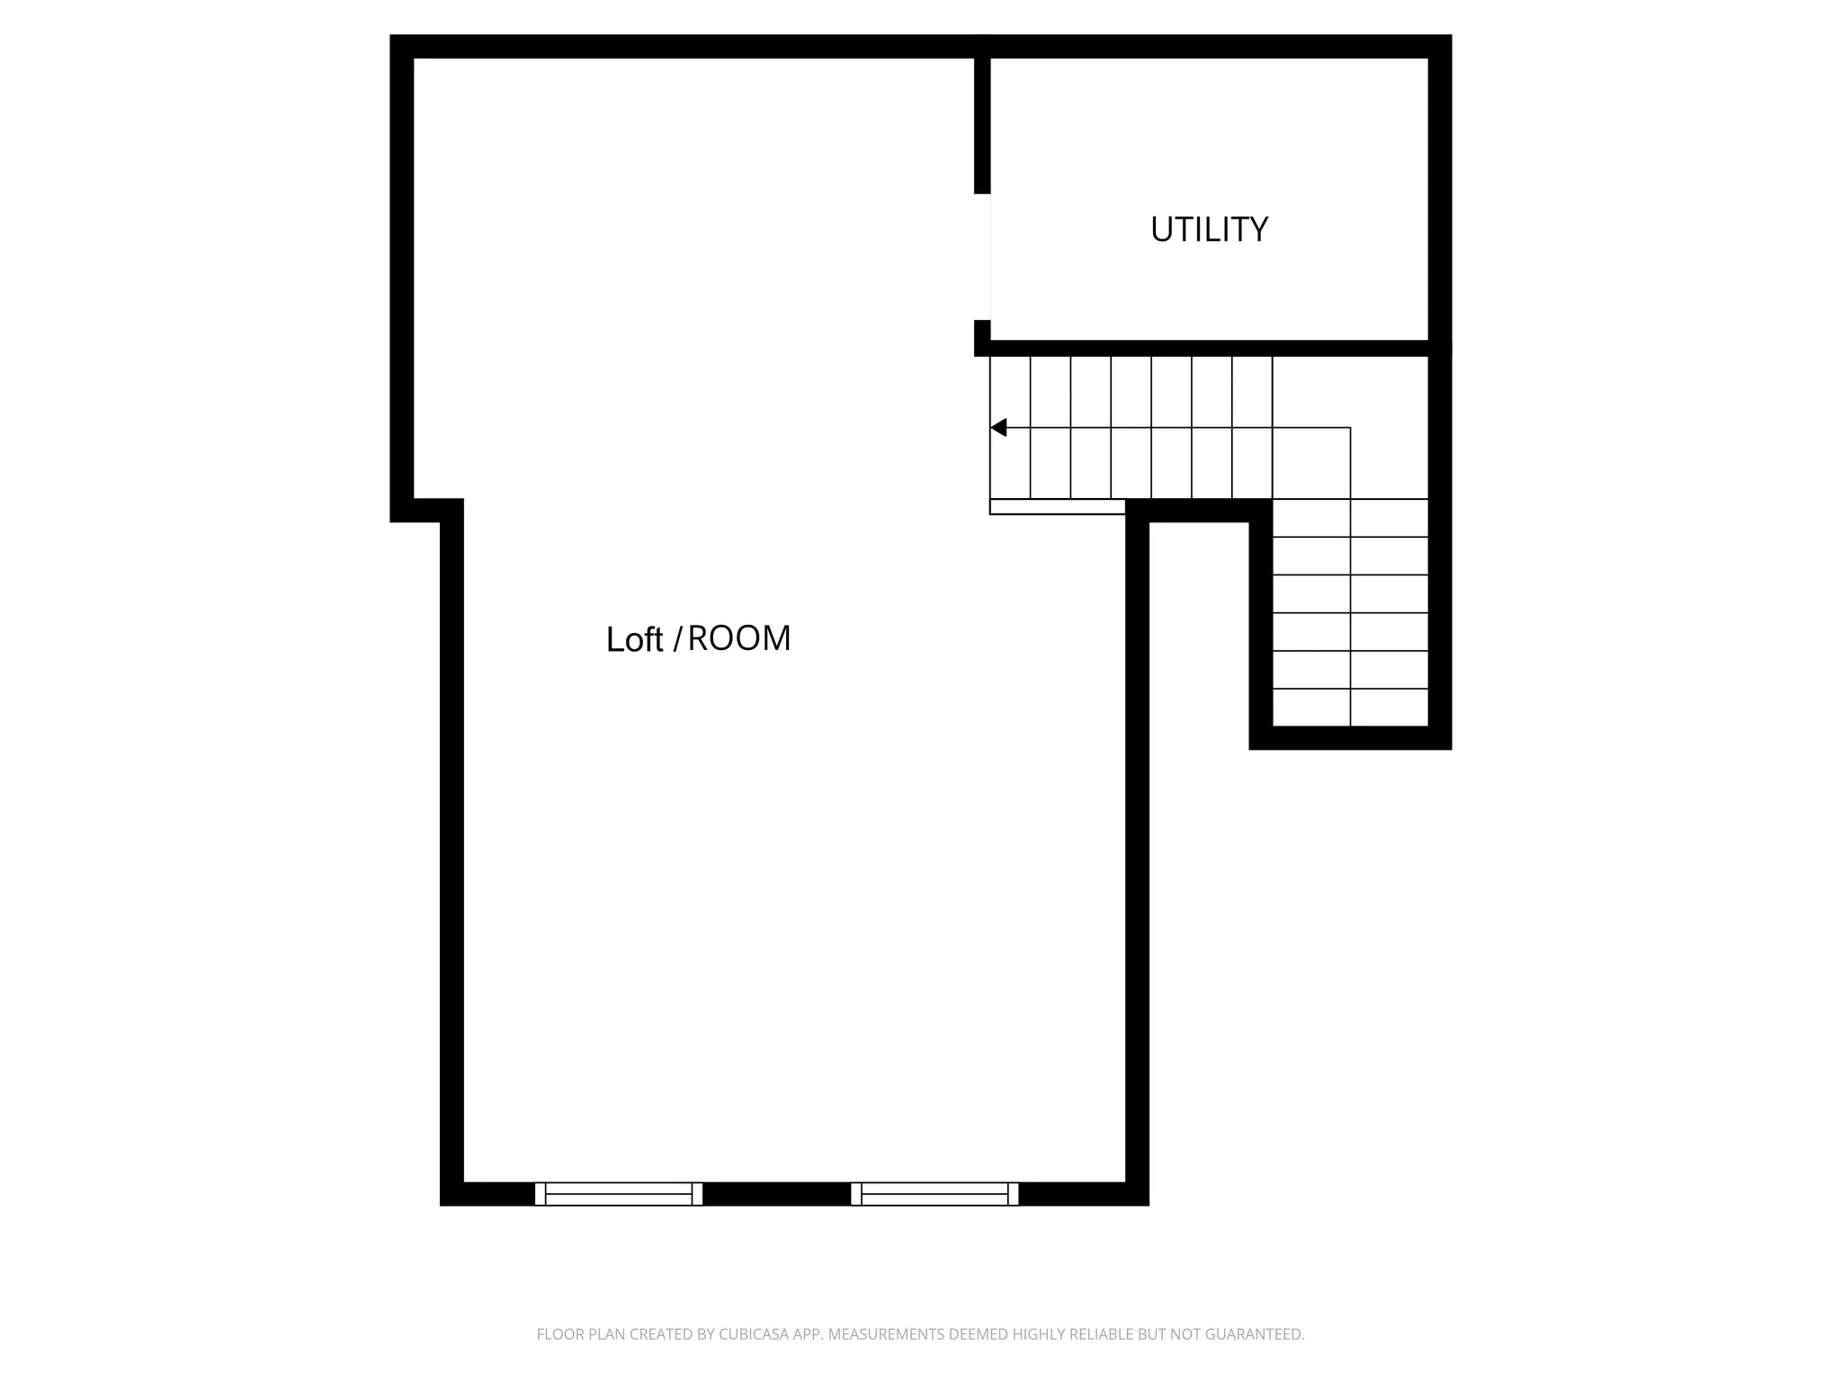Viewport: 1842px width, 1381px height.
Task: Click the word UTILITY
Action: pyautogui.click(x=1209, y=230)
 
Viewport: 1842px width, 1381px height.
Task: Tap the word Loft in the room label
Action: pyautogui.click(x=634, y=640)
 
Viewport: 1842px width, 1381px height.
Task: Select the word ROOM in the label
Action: pyautogui.click(x=739, y=638)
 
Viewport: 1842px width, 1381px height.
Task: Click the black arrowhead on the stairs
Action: pyautogui.click(x=998, y=428)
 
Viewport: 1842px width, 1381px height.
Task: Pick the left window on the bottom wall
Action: pyautogui.click(x=619, y=1194)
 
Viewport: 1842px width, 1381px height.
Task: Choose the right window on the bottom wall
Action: pyautogui.click(x=934, y=1194)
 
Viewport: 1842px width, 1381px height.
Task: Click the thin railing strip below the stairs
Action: pyautogui.click(x=1057, y=507)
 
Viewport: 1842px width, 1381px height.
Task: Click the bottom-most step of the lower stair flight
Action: pyautogui.click(x=1350, y=708)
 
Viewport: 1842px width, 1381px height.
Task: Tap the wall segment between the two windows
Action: pyautogui.click(x=776, y=1194)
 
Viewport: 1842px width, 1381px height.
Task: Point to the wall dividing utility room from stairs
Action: pyautogui.click(x=1209, y=348)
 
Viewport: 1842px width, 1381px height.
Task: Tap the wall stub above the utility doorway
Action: pyautogui.click(x=982, y=126)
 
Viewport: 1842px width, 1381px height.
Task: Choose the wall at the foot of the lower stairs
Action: pyautogui.click(x=1350, y=738)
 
